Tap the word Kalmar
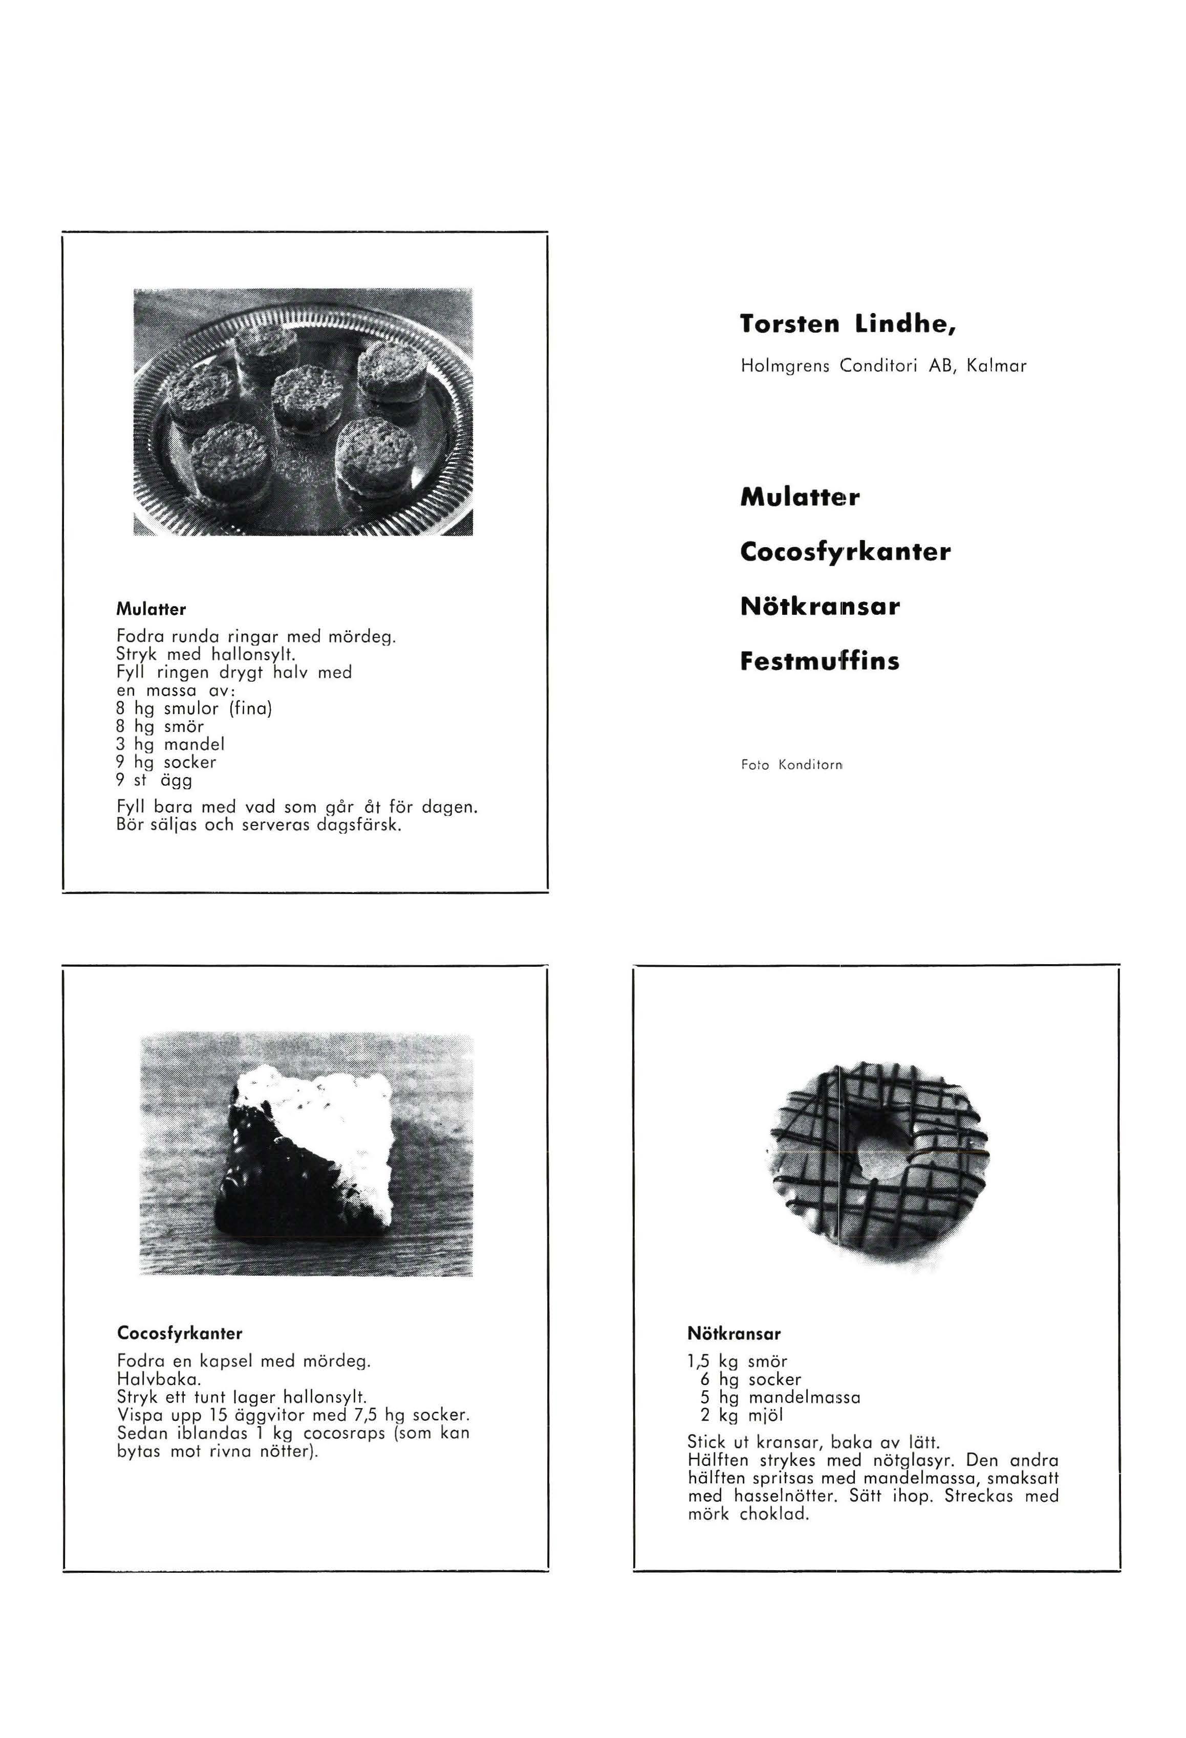(x=996, y=366)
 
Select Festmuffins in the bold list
(x=820, y=661)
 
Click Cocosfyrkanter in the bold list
(x=845, y=552)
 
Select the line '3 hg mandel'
(x=170, y=744)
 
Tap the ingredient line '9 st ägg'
(x=155, y=780)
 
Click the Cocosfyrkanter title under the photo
(x=180, y=1333)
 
